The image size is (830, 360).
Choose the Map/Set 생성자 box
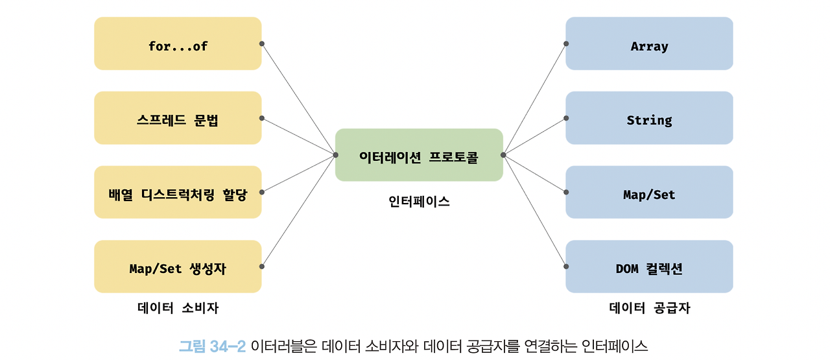178,267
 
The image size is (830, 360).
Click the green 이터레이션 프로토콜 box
419,155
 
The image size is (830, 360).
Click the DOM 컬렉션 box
649,267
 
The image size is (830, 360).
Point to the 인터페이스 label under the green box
419,201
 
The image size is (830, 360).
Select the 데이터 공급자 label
649,308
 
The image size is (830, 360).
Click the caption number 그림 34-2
212,346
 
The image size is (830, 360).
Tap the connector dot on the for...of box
262,43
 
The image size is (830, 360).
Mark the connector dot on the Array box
566,43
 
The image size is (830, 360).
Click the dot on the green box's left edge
335,155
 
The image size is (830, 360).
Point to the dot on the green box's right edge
503,155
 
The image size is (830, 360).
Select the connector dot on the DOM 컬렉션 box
566,267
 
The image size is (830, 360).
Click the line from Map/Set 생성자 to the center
298,211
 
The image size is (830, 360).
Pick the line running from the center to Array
534,99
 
